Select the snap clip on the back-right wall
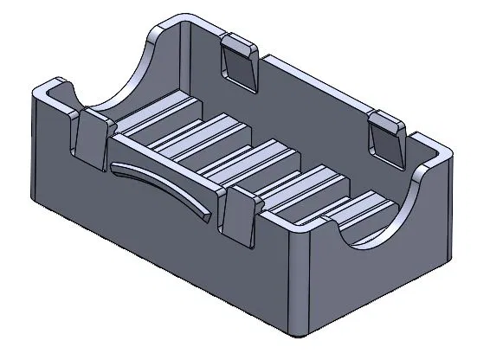point(387,137)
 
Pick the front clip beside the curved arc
point(239,213)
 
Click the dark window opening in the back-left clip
point(240,63)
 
